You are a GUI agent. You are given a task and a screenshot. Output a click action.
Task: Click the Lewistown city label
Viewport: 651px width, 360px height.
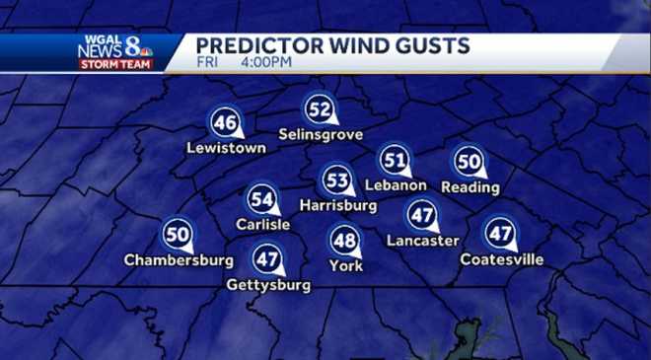pyautogui.click(x=227, y=148)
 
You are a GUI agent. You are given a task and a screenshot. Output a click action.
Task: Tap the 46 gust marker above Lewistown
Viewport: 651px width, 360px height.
pyautogui.click(x=225, y=123)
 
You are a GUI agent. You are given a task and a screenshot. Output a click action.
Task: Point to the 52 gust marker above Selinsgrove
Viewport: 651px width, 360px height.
pyautogui.click(x=319, y=109)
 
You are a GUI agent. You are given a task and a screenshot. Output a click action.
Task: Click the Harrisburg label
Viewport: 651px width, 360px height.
pyautogui.click(x=338, y=206)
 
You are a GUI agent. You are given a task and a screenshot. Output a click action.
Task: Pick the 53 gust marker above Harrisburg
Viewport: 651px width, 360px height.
pyautogui.click(x=337, y=181)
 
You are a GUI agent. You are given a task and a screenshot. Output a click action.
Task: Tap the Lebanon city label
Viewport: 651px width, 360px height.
pyautogui.click(x=395, y=184)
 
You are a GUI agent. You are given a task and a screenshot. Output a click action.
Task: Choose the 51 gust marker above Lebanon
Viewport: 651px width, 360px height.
pyautogui.click(x=395, y=160)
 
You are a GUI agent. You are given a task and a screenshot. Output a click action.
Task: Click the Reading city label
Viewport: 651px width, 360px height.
pyautogui.click(x=470, y=187)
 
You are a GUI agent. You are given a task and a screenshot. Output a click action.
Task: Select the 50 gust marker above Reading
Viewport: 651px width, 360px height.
pyautogui.click(x=469, y=162)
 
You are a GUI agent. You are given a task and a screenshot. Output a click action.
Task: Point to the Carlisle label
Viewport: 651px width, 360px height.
pyautogui.click(x=262, y=225)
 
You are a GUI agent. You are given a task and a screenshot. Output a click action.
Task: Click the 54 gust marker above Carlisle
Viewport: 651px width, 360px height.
pyautogui.click(x=261, y=200)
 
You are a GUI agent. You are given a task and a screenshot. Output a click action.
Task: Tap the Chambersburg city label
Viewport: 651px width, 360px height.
pyautogui.click(x=179, y=260)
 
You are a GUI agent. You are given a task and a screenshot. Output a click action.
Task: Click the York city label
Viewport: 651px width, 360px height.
pyautogui.click(x=346, y=265)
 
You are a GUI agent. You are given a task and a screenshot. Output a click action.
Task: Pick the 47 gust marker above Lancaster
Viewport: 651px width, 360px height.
pyautogui.click(x=422, y=215)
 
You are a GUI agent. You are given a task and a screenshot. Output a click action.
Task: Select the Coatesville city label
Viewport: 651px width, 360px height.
pyautogui.click(x=502, y=259)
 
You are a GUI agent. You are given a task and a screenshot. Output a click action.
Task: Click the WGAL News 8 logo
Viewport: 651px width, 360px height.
pyautogui.click(x=116, y=51)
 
